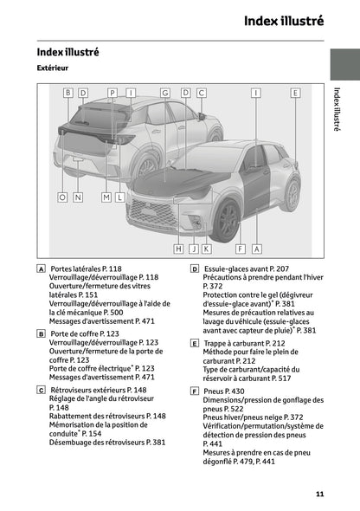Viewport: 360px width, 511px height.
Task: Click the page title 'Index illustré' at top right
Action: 283,20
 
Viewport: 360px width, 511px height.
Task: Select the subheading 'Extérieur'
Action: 54,67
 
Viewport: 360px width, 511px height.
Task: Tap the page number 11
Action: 319,494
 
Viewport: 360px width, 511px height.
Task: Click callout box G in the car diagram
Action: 164,92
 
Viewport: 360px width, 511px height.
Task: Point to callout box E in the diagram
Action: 295,92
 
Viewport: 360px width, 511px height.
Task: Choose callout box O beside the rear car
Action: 61,197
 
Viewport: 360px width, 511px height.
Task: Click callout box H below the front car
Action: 179,249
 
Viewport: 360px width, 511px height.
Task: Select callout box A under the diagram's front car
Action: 256,249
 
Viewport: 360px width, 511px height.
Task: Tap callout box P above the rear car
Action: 112,92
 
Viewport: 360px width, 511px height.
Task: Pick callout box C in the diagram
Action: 201,92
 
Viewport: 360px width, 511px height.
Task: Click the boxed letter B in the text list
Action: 42,333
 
